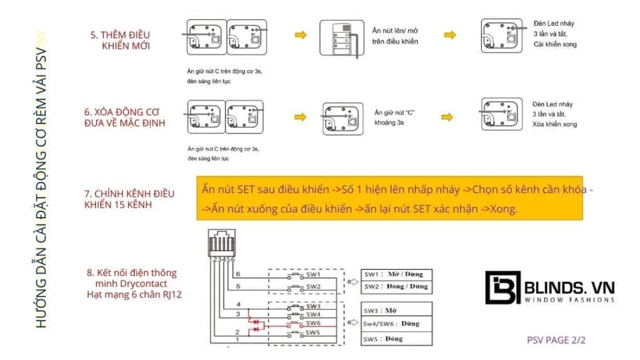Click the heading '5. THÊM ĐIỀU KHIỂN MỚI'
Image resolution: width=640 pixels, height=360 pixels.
pos(123,40)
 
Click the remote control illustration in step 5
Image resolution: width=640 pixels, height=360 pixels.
pos(339,40)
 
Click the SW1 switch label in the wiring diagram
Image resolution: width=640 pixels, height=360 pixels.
pos(314,275)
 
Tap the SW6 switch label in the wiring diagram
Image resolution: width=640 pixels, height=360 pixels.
pos(314,323)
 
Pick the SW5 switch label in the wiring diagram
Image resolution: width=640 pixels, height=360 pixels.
pos(314,332)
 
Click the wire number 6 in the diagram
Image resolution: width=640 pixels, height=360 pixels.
pos(238,274)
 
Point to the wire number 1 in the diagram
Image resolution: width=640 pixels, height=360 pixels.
pos(238,339)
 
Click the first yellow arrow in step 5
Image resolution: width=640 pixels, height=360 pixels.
pos(301,35)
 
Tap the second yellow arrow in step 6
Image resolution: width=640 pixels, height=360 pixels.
pos(447,117)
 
